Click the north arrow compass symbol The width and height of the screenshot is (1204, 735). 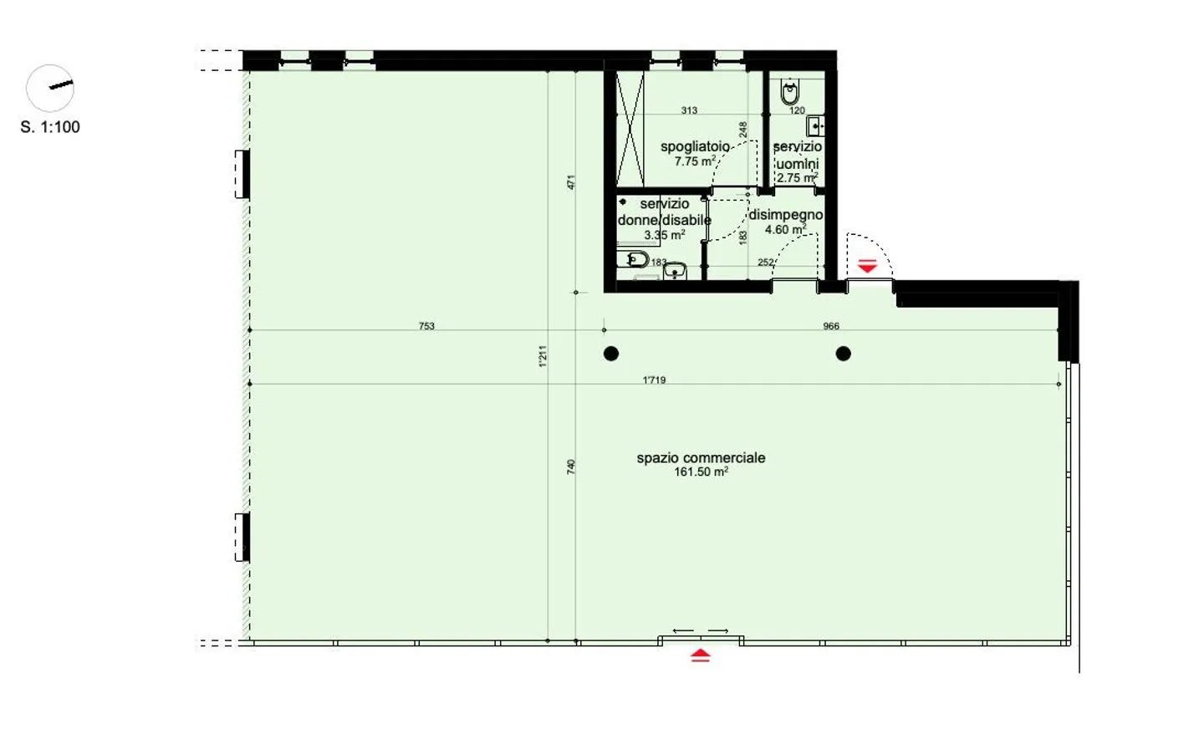click(x=50, y=88)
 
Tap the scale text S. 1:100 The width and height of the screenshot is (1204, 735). click(x=50, y=127)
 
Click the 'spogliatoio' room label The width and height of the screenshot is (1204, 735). click(x=695, y=146)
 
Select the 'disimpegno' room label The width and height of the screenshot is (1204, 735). click(x=785, y=215)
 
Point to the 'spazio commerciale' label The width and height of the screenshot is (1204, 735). click(x=701, y=457)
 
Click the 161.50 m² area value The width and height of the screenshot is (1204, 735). click(x=701, y=472)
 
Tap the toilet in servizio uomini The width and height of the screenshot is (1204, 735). click(x=789, y=91)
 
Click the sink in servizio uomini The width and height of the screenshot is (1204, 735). click(x=815, y=126)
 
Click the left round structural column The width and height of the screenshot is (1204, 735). click(x=611, y=354)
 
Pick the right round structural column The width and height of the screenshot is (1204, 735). click(x=843, y=354)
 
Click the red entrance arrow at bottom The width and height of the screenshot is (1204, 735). click(x=701, y=656)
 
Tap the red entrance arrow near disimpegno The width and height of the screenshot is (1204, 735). click(x=867, y=267)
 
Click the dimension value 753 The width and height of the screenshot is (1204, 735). click(x=426, y=326)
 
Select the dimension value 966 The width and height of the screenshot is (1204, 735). click(x=830, y=326)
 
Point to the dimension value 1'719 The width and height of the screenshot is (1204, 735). click(x=654, y=380)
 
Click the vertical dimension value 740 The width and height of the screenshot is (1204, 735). click(x=572, y=467)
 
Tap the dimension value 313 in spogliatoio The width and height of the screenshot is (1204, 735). click(x=689, y=110)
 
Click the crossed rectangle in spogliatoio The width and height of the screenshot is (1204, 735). click(x=630, y=129)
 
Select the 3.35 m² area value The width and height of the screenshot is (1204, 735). click(x=664, y=236)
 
